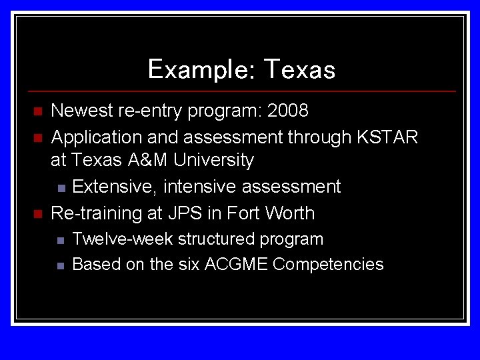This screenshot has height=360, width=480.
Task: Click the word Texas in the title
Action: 299,69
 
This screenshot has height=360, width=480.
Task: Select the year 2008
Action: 287,110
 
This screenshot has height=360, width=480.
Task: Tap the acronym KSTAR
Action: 387,137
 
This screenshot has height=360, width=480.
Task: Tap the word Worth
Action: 290,213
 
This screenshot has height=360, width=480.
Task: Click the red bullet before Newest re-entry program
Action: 38,111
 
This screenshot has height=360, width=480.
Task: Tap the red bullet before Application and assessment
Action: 38,138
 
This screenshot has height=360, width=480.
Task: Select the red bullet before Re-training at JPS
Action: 38,214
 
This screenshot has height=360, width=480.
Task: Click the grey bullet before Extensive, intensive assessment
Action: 61,187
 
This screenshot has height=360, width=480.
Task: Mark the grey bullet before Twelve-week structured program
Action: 61,239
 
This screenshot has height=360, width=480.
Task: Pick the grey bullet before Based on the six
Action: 61,265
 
